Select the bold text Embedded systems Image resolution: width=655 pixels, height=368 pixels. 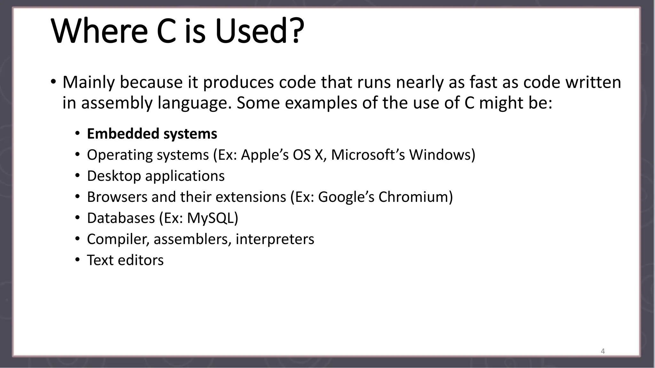[x=152, y=134]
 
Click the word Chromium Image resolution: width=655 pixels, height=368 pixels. [x=415, y=197]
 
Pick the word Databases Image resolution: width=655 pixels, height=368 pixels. [x=121, y=218]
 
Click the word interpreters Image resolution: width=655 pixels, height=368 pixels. [x=275, y=239]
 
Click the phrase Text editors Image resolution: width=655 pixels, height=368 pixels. [x=125, y=260]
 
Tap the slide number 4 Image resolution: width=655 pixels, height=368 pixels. [x=603, y=351]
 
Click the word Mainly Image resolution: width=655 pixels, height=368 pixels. [x=88, y=82]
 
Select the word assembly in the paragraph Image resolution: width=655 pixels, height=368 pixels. [x=117, y=103]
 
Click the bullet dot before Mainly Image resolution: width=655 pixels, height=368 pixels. [x=53, y=81]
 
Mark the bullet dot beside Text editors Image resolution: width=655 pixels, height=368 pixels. [x=77, y=260]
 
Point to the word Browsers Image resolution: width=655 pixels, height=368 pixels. [x=117, y=197]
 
